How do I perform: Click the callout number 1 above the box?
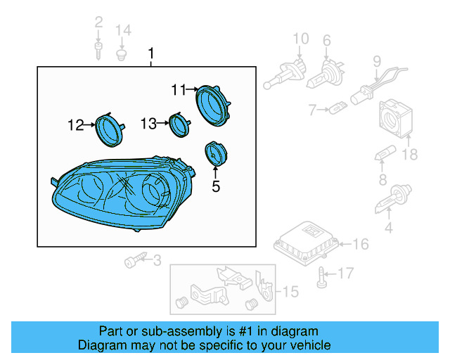point(150,54)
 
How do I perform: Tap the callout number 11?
point(178,89)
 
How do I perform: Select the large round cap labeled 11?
point(213,105)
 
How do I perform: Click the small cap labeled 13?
point(180,126)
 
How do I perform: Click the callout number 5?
point(216,186)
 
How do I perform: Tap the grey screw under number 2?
point(98,49)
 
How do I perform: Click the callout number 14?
point(123,30)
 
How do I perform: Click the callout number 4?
point(388,228)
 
